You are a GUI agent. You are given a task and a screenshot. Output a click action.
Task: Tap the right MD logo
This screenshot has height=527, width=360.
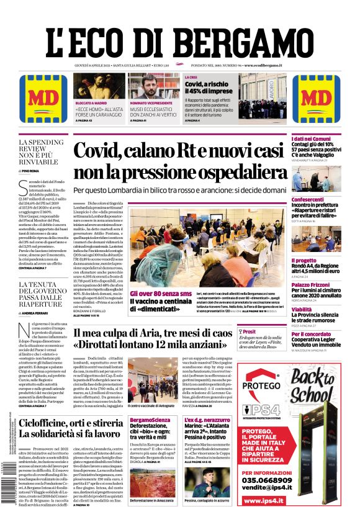pyautogui.click(x=316, y=99)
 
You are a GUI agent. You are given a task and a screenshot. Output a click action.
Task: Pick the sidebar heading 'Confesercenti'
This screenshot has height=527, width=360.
pyautogui.click(x=312, y=199)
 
